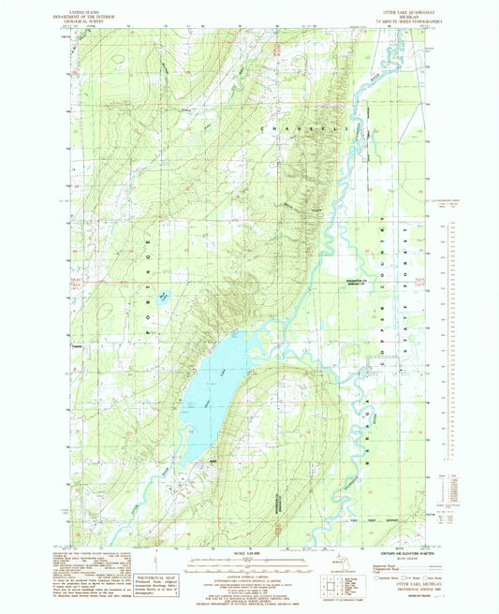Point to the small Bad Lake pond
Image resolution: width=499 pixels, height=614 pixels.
tap(163, 297)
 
